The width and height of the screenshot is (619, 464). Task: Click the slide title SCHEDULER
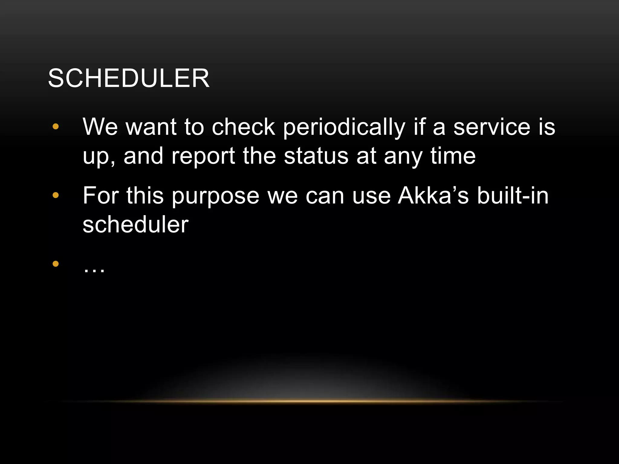(129, 78)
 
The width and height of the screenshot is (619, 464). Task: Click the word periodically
(344, 127)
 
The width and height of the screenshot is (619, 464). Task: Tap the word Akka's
(433, 196)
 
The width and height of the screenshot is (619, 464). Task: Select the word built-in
(513, 196)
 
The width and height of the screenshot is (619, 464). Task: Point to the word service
(492, 127)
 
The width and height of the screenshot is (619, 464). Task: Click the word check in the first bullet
(243, 127)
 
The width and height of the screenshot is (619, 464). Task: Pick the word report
(203, 156)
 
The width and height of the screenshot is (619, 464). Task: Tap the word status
(316, 156)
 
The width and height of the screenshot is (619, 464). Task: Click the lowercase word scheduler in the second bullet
(135, 225)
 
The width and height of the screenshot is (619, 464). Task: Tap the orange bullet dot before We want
(56, 127)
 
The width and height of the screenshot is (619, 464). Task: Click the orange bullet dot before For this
(56, 195)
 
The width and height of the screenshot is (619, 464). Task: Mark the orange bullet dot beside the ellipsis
(56, 264)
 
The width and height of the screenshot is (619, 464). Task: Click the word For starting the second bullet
(101, 196)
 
